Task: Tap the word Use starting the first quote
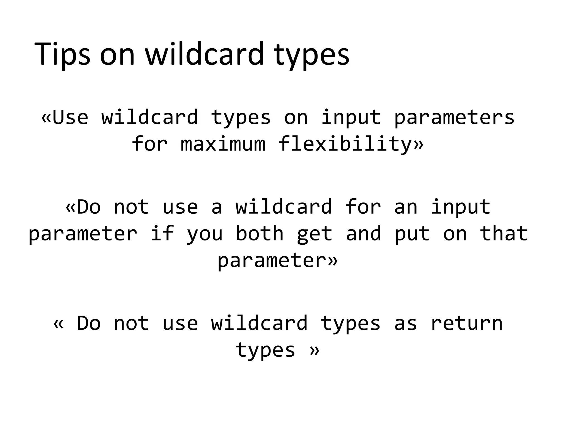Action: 70,117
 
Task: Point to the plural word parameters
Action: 454,117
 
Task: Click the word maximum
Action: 223,144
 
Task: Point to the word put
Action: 412,234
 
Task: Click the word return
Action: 466,323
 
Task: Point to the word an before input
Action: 406,207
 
